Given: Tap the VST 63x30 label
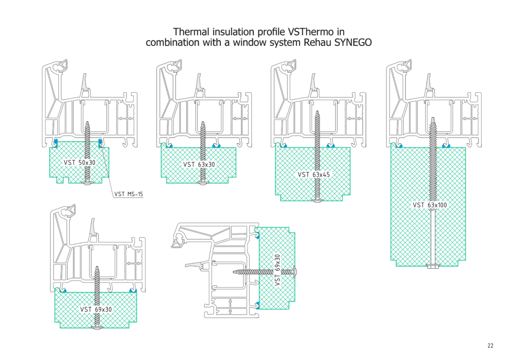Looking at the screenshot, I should pos(199,164).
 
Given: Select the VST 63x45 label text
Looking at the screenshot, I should pos(313,174).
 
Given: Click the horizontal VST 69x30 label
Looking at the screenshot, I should pos(96,309).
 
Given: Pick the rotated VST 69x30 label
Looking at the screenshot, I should pos(277,270).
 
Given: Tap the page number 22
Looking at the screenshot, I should pos(490,346).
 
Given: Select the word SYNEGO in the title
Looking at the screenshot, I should pos(353,42).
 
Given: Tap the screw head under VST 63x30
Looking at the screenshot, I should pos(203,183).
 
